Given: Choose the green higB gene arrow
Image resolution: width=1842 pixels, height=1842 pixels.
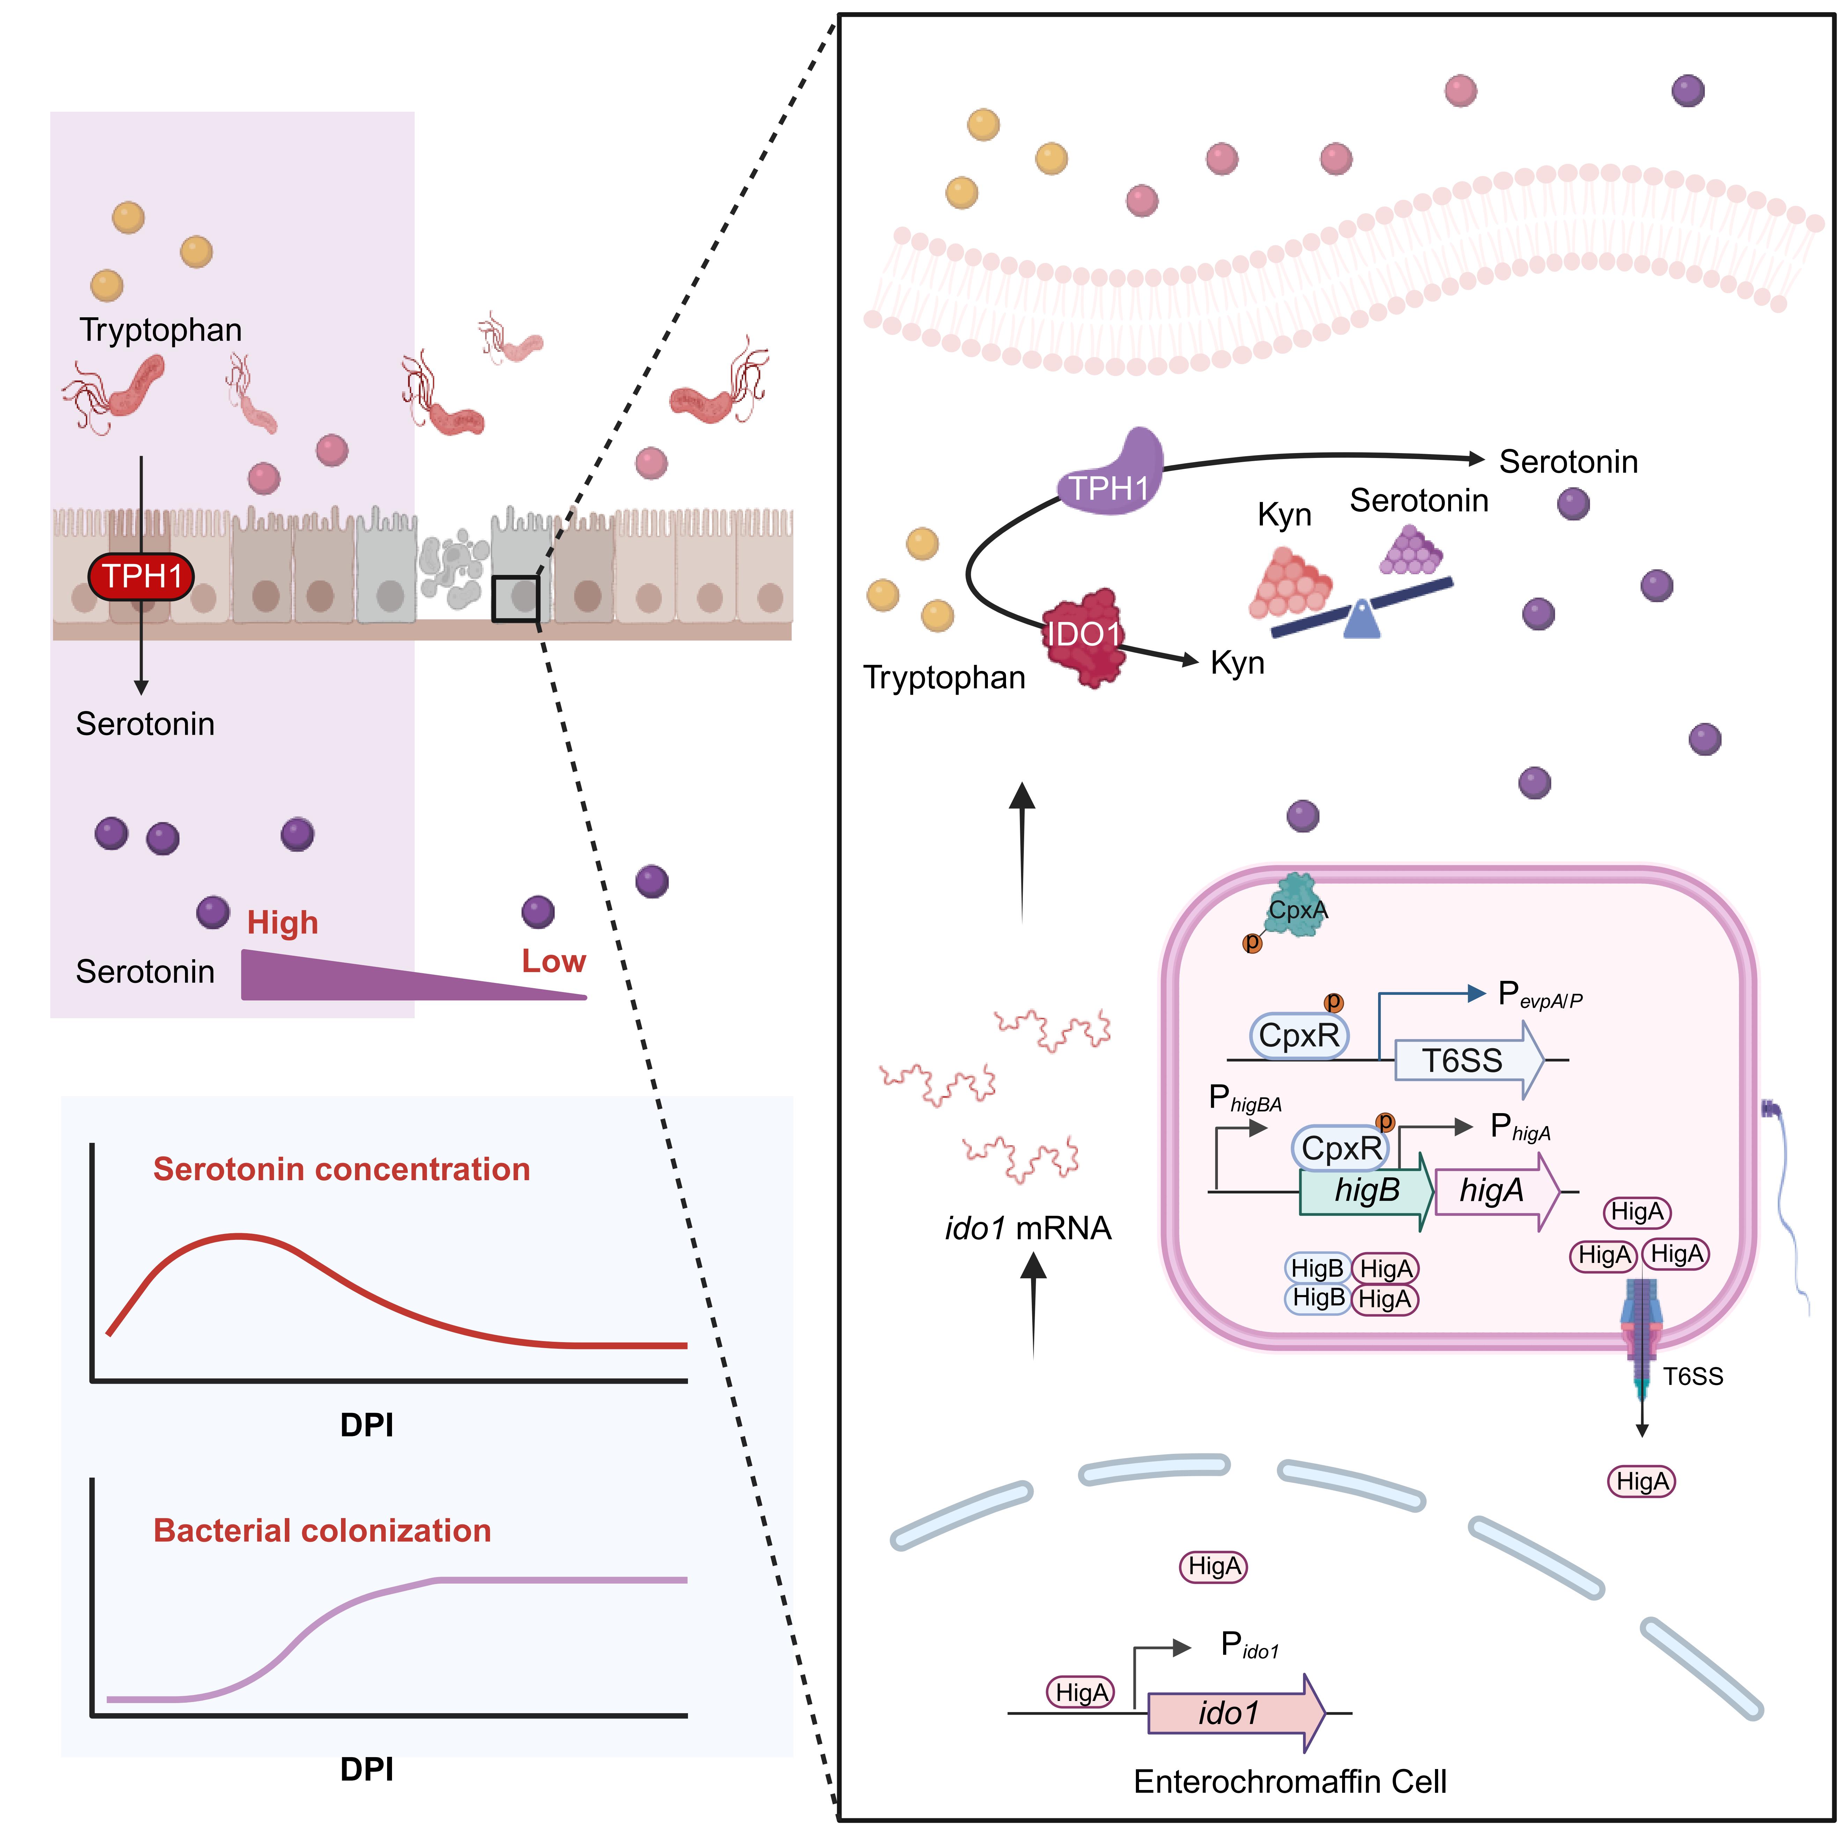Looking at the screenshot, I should click(x=1365, y=1191).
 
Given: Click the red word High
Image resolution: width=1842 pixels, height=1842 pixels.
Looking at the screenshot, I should click(x=282, y=923).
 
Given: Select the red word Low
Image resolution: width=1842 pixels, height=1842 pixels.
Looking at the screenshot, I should click(x=553, y=961).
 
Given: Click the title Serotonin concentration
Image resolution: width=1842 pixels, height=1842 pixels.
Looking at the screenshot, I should click(x=341, y=1169).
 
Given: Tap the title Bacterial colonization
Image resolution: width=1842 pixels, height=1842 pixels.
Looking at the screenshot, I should click(x=322, y=1530).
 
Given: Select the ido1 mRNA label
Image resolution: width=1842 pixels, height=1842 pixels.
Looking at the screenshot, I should click(x=1028, y=1228).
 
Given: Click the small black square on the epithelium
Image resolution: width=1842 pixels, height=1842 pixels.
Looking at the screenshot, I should click(x=516, y=599).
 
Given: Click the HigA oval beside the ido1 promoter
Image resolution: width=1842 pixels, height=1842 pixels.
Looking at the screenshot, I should click(x=1081, y=1692).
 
